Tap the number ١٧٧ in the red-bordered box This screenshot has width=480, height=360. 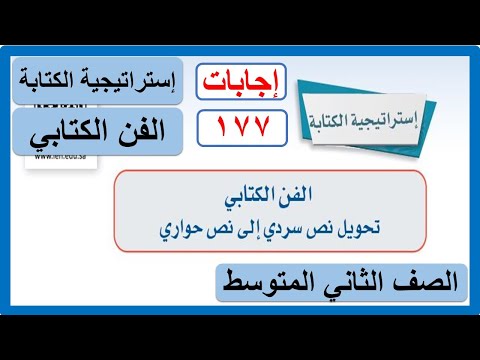[241, 126]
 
